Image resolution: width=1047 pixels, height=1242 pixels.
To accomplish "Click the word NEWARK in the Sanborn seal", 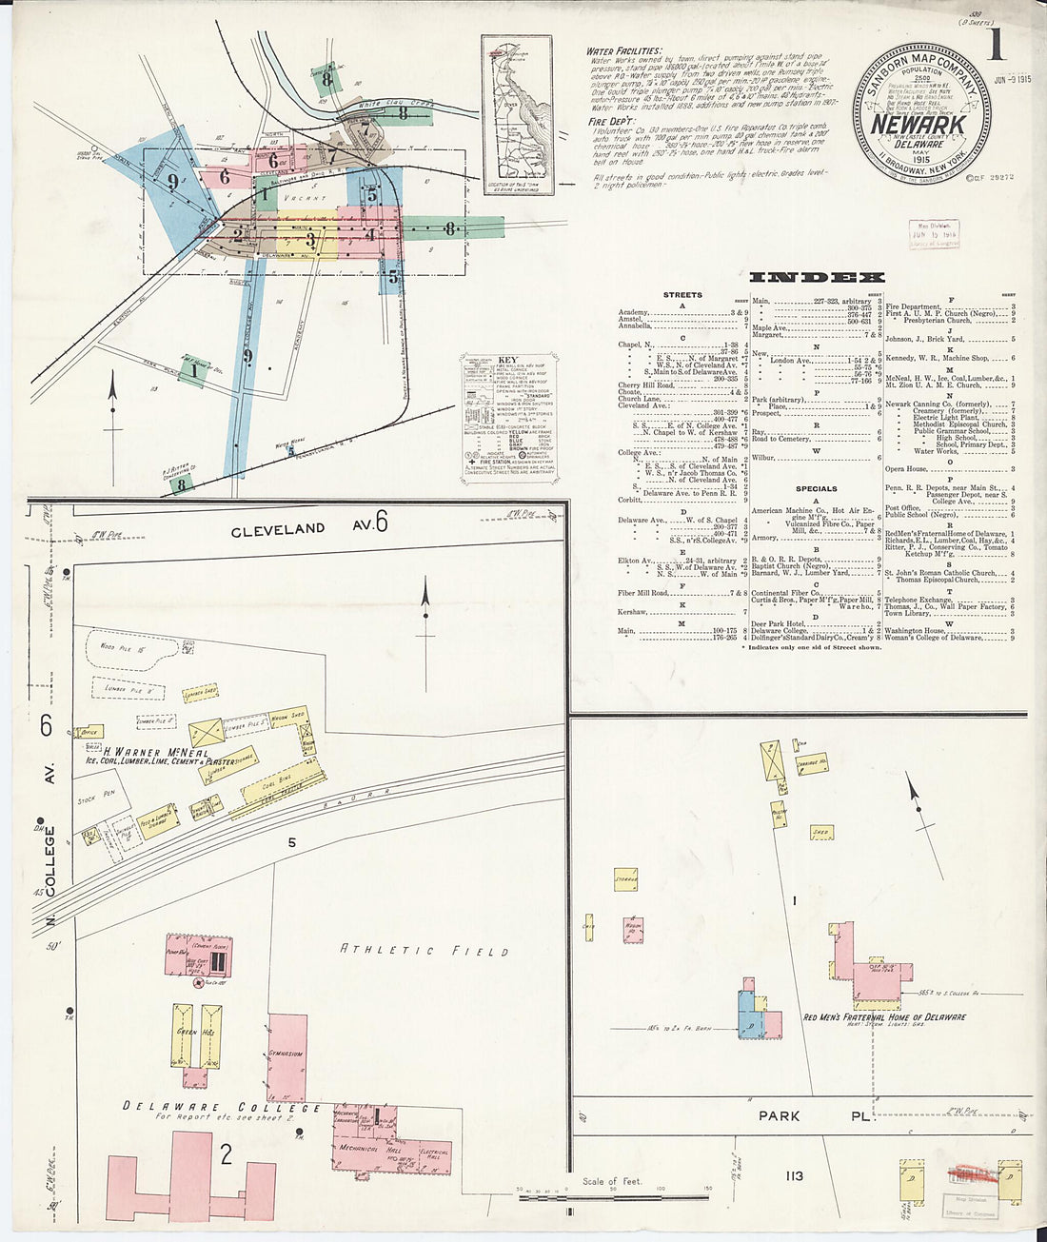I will point(919,125).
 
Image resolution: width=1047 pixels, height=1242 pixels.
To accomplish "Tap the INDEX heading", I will point(817,278).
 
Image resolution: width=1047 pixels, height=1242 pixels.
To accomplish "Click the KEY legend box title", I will point(506,361).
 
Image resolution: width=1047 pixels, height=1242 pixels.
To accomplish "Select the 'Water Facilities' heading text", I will point(624,50).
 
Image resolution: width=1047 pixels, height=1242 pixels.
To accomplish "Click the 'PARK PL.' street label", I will point(814,1115).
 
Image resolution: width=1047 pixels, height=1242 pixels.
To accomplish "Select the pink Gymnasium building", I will point(287,1056).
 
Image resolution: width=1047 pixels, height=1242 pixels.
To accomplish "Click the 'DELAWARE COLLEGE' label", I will point(222,1108).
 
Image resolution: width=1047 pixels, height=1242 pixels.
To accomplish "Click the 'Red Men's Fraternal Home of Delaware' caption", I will point(885,1017).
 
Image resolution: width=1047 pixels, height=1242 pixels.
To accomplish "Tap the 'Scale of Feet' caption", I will point(613,1181).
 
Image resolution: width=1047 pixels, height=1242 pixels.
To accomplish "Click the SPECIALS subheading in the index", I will point(816,488).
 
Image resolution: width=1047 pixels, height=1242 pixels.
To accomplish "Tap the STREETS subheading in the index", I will point(682,295).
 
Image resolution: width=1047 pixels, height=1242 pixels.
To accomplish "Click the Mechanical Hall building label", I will point(365,1148).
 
